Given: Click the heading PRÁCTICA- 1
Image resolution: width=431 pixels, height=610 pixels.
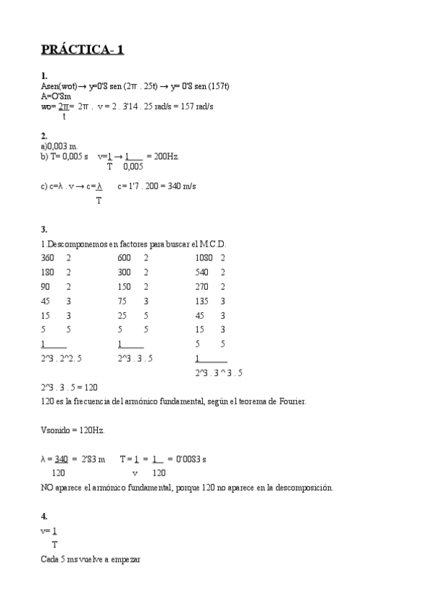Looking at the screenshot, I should (x=82, y=50).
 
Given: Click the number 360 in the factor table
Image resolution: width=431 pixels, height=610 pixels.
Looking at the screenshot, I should (x=47, y=258).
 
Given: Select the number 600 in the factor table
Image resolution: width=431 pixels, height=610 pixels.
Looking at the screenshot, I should (x=124, y=258).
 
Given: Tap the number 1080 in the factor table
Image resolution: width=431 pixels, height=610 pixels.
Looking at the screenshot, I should (x=204, y=258).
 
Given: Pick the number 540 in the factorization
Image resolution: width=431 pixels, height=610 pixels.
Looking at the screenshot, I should (x=201, y=272).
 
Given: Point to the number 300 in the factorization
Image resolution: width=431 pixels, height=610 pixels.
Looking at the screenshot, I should (x=124, y=272).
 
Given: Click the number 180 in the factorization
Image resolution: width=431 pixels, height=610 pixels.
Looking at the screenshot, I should (x=47, y=272).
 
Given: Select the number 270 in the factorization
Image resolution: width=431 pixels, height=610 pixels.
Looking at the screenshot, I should (x=201, y=286).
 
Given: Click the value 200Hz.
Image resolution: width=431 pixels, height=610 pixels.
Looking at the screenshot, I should (x=163, y=155).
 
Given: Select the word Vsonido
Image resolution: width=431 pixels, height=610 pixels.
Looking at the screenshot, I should (x=56, y=430).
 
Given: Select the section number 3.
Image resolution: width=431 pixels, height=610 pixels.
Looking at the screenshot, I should (x=44, y=229).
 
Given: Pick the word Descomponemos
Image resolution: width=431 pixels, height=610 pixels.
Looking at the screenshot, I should (x=77, y=244).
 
